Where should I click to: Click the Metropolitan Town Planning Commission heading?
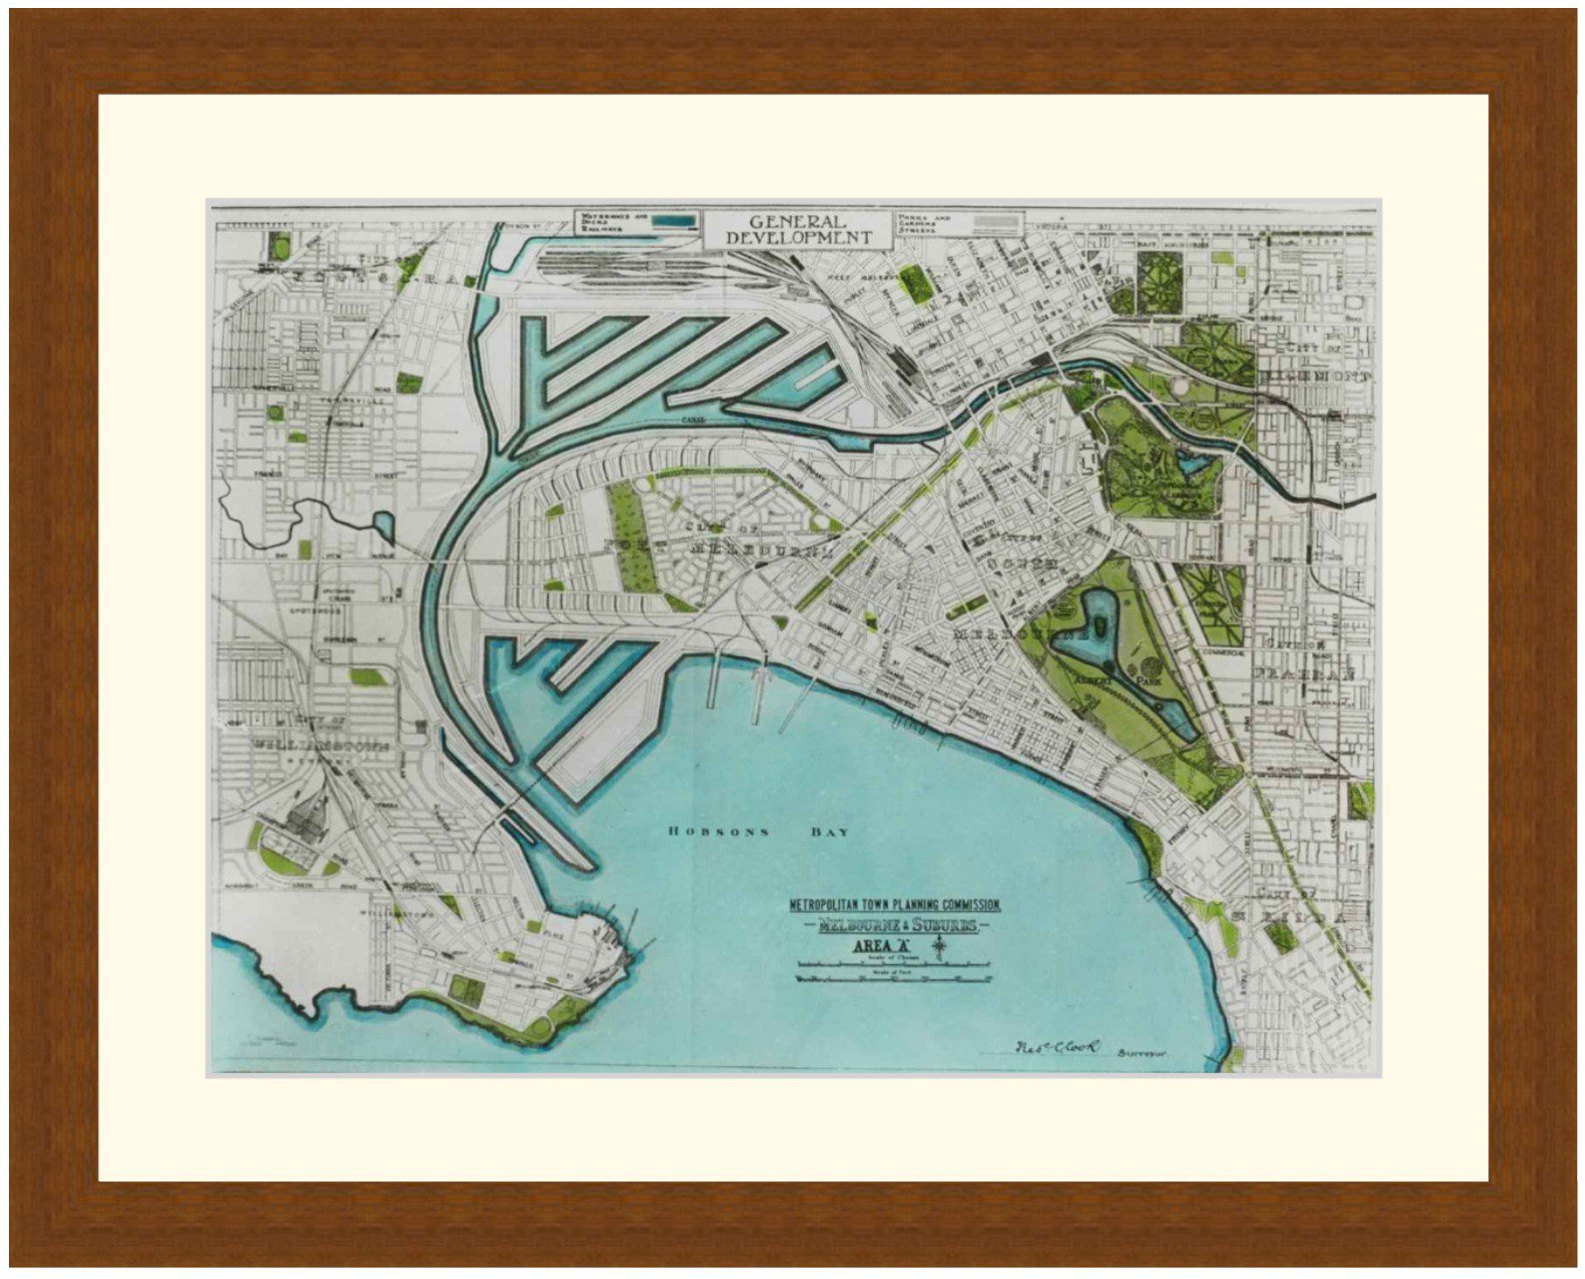pos(895,904)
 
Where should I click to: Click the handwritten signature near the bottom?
pos(1057,1046)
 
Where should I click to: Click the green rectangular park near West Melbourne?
pos(913,282)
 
